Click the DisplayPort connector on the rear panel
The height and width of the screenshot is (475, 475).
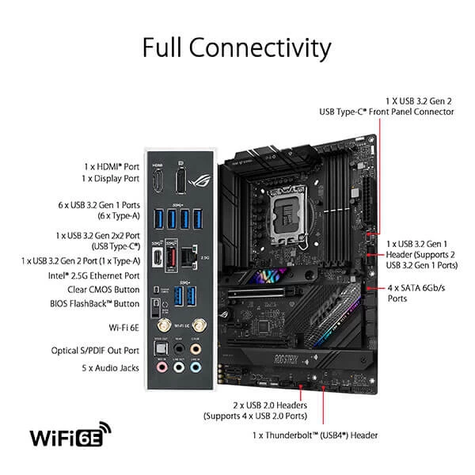[181, 180]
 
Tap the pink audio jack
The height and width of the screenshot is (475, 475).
[161, 367]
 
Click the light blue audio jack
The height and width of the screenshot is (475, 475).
[179, 367]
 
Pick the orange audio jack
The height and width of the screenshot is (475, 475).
[196, 349]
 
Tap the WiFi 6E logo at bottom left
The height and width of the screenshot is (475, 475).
[70, 437]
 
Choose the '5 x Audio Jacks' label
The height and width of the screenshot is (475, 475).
[111, 368]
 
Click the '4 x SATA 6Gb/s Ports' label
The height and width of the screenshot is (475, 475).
[416, 293]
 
